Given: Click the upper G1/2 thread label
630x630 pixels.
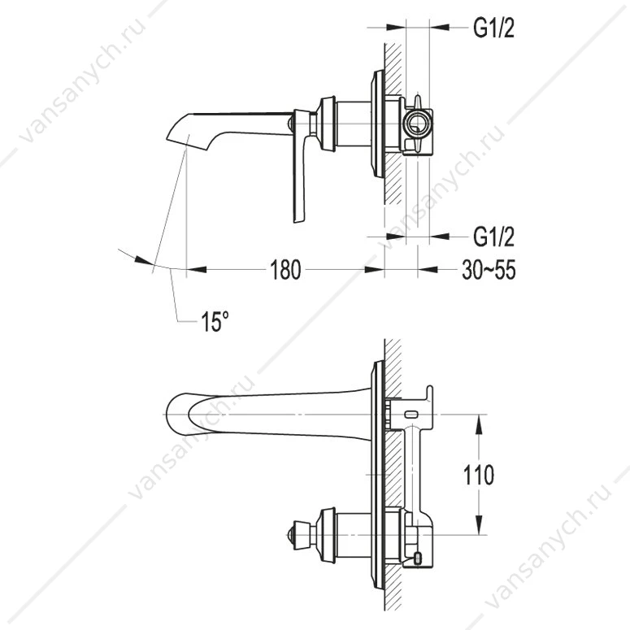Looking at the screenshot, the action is (493, 28).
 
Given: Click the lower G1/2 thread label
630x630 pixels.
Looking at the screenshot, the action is (493, 237).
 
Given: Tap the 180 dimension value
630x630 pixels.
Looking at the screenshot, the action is (285, 270).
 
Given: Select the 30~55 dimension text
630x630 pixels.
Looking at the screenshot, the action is (489, 270).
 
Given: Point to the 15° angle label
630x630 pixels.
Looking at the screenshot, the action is (215, 321).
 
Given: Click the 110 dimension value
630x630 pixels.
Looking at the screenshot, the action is (479, 476).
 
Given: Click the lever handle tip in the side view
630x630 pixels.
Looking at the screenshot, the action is (298, 219).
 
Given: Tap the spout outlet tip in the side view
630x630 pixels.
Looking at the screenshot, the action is (169, 139).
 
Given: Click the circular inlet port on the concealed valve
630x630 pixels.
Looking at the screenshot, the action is (418, 124).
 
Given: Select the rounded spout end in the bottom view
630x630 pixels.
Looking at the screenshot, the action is (176, 415).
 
